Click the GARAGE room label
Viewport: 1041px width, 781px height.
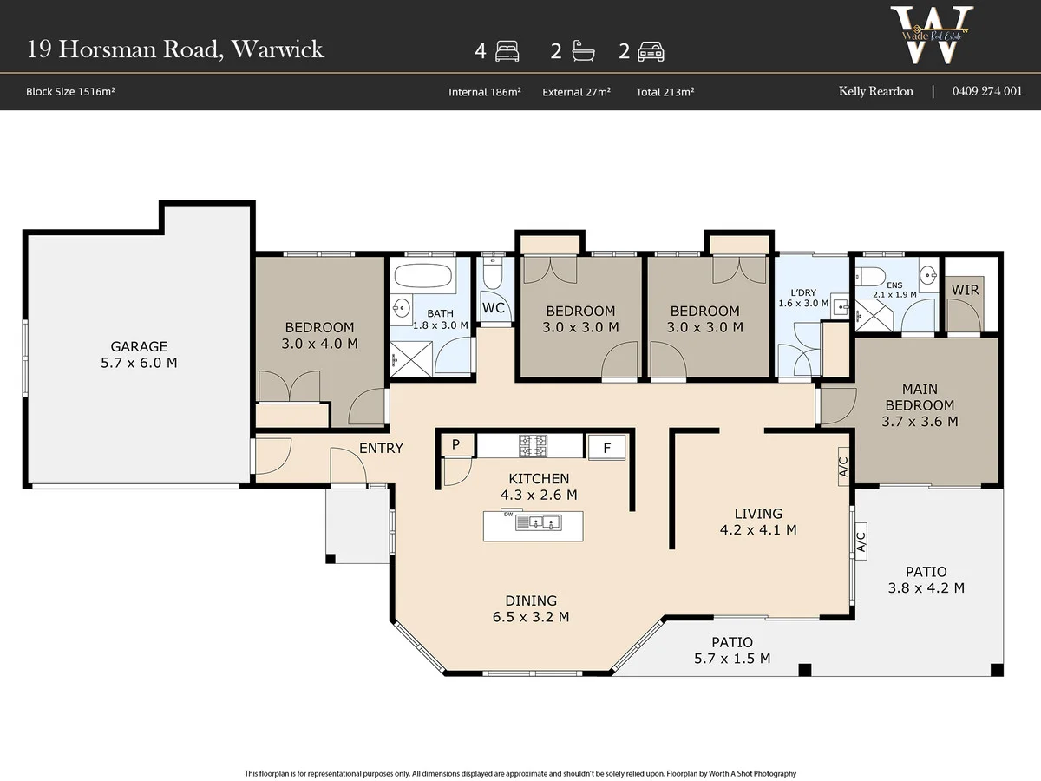pos(139,346)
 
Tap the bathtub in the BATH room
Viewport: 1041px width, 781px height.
pos(423,275)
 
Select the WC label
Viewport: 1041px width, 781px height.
pos(494,308)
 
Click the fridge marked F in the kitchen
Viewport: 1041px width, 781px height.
pos(606,448)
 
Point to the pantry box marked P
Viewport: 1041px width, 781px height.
pos(455,445)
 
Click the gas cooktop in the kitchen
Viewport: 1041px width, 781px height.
pos(533,446)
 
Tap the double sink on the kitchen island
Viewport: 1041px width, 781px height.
pos(539,522)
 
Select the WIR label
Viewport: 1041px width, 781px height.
pos(966,290)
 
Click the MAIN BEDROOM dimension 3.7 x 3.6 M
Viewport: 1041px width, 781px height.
pos(920,422)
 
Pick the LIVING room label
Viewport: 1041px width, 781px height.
pos(758,514)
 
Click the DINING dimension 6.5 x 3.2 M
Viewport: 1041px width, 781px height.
pos(531,617)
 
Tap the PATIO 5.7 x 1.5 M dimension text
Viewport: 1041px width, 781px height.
pos(732,659)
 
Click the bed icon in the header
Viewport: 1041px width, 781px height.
pos(507,50)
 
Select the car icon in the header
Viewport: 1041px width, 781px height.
pos(651,52)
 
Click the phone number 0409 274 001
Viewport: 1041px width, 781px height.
pos(987,91)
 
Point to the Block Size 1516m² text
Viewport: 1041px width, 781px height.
pos(70,91)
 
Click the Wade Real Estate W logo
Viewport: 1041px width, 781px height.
pos(932,35)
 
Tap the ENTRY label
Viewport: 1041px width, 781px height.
pos(381,448)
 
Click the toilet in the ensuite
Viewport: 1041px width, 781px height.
pos(871,275)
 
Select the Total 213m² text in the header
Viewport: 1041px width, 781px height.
pos(665,92)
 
